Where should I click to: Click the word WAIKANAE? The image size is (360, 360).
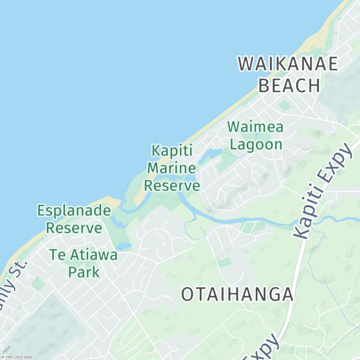[288, 64]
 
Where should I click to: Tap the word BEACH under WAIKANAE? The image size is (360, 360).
[290, 85]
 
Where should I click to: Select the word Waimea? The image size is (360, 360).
[255, 127]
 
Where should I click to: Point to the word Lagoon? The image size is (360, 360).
[256, 144]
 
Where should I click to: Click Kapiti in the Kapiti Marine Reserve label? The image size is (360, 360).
[172, 150]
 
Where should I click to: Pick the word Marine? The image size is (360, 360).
[172, 168]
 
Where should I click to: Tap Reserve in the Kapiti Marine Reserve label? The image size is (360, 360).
[172, 185]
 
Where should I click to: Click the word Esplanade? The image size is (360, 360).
[74, 210]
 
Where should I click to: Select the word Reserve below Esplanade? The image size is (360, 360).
[74, 228]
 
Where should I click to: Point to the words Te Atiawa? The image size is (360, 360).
[84, 255]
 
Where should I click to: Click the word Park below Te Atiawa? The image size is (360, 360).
[84, 272]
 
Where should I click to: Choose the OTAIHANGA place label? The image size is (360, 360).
[237, 295]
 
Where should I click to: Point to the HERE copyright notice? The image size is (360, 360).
[17, 357]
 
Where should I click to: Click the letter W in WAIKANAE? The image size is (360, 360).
[247, 64]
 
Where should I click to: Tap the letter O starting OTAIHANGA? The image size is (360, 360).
[188, 295]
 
